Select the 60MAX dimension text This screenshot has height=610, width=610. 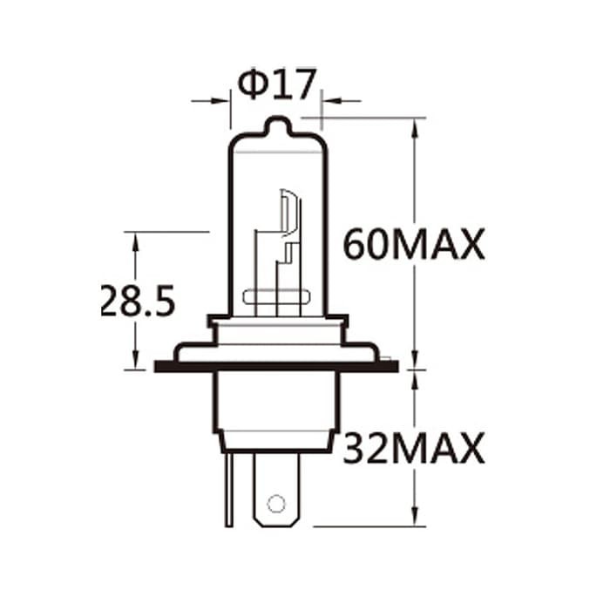point(413,245)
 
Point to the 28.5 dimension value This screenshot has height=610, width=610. point(138,302)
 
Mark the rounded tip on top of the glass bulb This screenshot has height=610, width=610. point(276,125)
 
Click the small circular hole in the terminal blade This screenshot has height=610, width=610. point(276,503)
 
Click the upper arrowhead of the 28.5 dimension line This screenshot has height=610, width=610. point(135,240)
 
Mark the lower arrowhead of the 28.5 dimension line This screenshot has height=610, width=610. point(135,362)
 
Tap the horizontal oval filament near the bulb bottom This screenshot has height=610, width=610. point(276,298)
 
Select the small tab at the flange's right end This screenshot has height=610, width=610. point(389,357)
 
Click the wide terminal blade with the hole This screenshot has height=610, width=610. point(276,492)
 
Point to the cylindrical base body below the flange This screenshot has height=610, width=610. point(275,405)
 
